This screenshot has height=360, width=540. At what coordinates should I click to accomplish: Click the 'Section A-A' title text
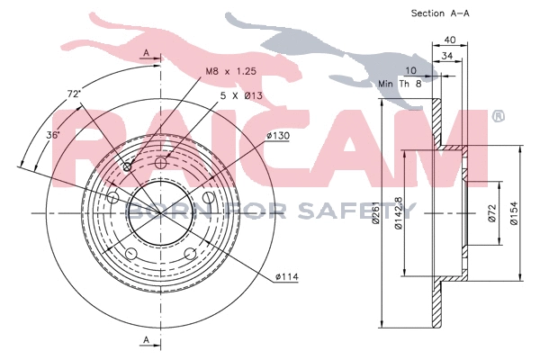pyautogui.click(x=441, y=13)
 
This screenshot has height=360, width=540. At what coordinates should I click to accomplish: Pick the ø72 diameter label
pyautogui.click(x=492, y=214)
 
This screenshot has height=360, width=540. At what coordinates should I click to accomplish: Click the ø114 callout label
pyautogui.click(x=286, y=275)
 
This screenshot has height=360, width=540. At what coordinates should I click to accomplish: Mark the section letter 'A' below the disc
pyautogui.click(x=145, y=338)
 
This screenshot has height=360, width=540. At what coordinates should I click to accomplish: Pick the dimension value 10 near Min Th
pyautogui.click(x=410, y=70)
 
